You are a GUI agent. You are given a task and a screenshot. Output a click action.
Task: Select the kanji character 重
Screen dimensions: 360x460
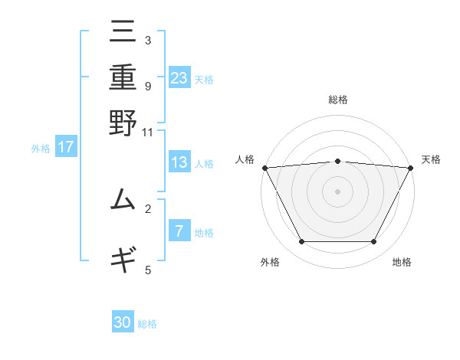pos(123,78)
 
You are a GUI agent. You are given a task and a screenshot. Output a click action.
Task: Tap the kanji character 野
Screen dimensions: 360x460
pos(123,123)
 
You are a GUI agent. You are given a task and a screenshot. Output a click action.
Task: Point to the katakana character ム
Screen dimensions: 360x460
pos(123,201)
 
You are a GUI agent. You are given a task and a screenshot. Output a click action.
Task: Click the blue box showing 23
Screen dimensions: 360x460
pos(179,78)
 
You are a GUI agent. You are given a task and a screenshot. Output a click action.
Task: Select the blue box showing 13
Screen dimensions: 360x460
pos(179,163)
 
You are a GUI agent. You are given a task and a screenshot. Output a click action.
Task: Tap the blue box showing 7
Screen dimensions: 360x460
pos(179,231)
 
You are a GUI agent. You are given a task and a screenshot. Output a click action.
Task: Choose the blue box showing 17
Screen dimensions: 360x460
pos(65,148)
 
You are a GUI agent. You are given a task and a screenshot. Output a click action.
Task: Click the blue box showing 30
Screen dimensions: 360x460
pos(123,322)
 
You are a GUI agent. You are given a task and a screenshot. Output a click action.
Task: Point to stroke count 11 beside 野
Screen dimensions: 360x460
pos(148,132)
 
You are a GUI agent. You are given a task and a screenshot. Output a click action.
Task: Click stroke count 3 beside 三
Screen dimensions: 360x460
pos(148,39)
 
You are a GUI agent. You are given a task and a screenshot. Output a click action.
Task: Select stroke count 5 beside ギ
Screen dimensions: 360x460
pos(148,270)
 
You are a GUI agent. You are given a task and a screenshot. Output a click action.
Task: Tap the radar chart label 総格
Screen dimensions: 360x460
pos(338,100)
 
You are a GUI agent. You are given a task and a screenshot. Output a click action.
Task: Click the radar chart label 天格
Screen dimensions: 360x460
pos(431,159)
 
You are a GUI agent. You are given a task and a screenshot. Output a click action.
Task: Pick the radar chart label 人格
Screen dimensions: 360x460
pos(245,159)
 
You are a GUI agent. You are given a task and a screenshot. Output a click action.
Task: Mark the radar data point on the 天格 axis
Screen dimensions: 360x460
pos(411,167)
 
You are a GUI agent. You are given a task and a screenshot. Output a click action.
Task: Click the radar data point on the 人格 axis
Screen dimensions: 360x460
pos(264,167)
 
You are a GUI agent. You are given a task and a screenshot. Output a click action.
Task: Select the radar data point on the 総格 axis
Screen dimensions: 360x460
pos(338,161)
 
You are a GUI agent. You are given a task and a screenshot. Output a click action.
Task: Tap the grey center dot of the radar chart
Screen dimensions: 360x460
pos(338,191)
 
